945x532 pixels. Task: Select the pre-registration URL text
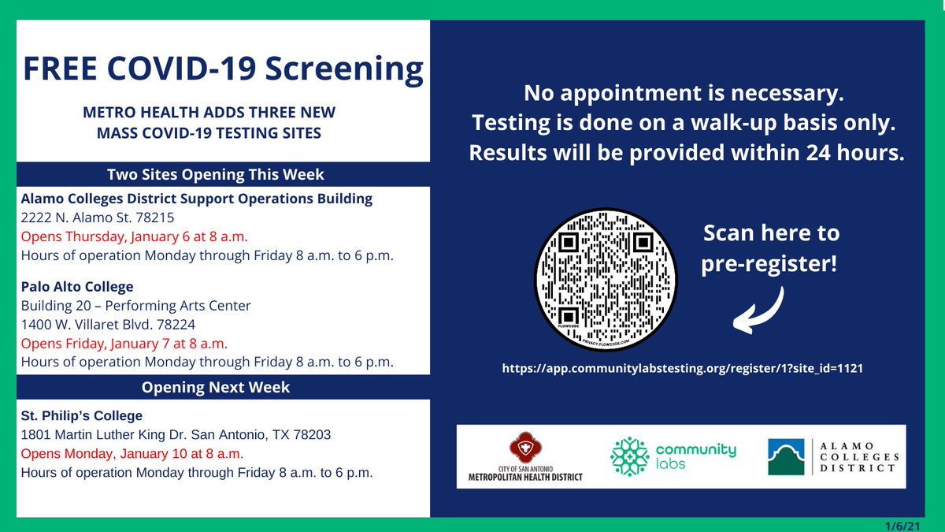pos(682,368)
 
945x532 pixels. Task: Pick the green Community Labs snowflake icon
pos(631,456)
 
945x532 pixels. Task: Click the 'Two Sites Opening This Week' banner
pos(215,174)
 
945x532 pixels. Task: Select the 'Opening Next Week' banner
pos(215,387)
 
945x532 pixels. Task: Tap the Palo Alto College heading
pos(77,286)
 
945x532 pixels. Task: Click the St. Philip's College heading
pos(82,415)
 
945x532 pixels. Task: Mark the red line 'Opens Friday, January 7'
pos(124,344)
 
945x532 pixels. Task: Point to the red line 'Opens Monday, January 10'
pos(132,454)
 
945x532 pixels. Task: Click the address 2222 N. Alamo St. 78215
pos(98,218)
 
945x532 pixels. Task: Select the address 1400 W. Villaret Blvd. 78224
pos(108,324)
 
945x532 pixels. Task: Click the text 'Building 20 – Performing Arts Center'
pos(135,305)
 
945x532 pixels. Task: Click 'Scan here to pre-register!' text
pos(770,248)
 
